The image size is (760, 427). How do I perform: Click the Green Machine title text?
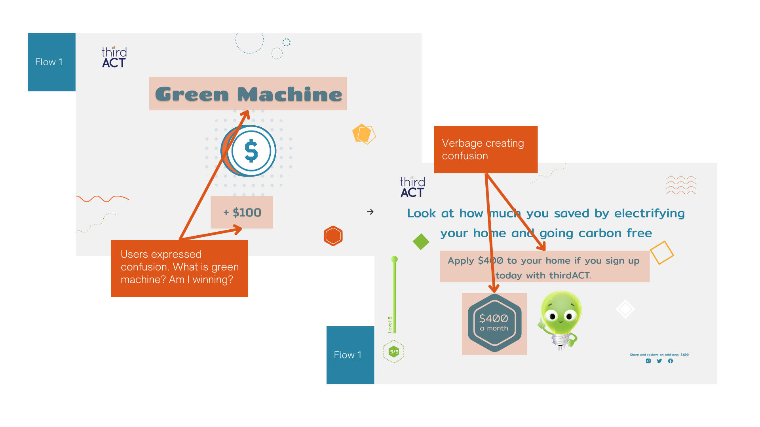click(248, 94)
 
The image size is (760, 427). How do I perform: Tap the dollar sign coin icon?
click(251, 151)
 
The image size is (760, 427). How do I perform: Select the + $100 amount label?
click(242, 212)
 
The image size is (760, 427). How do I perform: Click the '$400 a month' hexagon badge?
click(494, 323)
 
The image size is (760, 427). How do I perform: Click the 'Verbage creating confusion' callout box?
click(486, 149)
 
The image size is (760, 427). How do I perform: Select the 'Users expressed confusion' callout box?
click(179, 268)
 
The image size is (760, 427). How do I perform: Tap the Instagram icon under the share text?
click(648, 361)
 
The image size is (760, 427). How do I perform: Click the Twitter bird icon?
click(659, 361)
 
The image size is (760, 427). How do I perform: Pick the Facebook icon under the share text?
click(671, 361)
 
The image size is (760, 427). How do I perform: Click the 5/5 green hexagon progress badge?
click(394, 351)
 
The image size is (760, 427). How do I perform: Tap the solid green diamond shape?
click(421, 242)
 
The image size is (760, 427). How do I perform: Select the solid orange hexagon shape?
click(333, 236)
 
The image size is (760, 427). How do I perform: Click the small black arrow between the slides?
click(370, 212)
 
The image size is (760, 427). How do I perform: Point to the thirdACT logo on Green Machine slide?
click(114, 58)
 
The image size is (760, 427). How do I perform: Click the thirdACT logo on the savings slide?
click(412, 187)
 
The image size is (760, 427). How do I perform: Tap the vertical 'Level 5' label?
click(390, 325)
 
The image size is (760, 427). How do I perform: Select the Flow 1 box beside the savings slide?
click(350, 355)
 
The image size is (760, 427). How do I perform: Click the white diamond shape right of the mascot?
click(625, 309)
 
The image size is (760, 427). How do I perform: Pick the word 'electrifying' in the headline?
click(649, 213)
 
